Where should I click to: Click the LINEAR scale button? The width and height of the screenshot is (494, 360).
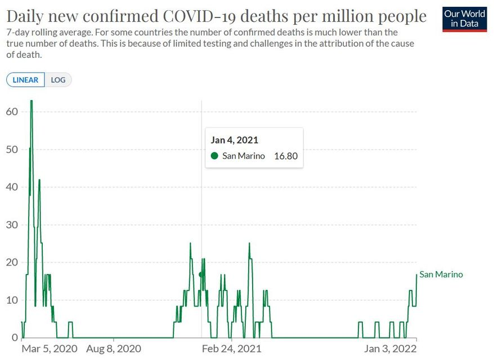click(x=26, y=80)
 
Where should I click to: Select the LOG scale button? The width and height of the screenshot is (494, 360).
click(x=58, y=80)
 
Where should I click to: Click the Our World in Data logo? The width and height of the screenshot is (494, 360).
click(x=464, y=19)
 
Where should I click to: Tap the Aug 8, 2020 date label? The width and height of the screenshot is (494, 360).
click(x=114, y=349)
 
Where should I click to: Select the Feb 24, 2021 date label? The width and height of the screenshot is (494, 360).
click(x=231, y=349)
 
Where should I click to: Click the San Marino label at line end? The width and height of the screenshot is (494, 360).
click(x=441, y=274)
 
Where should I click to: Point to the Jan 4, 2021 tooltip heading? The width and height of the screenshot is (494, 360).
click(x=235, y=140)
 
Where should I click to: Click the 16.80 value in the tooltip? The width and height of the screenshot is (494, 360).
click(x=285, y=156)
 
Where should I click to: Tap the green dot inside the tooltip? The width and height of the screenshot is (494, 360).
click(x=214, y=156)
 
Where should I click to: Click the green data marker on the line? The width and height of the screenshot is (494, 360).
click(x=201, y=274)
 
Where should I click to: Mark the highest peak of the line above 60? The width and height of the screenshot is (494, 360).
click(x=32, y=101)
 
